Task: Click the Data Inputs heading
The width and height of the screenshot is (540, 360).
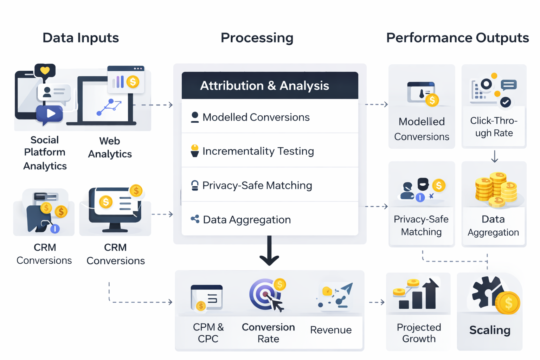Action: (81, 38)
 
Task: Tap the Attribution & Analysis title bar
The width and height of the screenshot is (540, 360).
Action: (270, 85)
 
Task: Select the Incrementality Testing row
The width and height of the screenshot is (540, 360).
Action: (270, 151)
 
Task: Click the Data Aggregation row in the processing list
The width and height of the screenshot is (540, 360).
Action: (270, 219)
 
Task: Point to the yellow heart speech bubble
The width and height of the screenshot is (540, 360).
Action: (45, 70)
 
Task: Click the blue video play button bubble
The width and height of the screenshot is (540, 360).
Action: (50, 114)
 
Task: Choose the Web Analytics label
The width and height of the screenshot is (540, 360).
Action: (110, 148)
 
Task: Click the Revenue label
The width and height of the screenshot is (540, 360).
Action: (331, 330)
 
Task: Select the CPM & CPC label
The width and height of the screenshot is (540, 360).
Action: (208, 333)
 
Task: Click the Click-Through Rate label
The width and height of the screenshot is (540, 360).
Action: (494, 127)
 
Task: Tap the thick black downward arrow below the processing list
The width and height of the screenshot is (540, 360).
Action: (269, 251)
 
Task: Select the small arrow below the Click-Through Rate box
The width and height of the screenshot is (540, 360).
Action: (494, 156)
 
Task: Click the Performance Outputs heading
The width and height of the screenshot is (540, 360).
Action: (457, 38)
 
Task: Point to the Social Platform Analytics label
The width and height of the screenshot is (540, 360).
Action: (45, 153)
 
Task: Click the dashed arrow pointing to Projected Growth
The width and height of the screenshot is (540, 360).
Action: (377, 302)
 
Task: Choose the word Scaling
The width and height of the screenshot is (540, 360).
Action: (490, 330)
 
